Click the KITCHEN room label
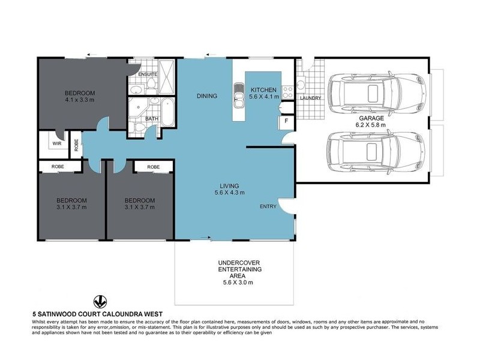point(263,89)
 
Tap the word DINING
point(207,95)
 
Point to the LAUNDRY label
point(310,98)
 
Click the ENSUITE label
point(147,74)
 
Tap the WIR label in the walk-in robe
point(57,144)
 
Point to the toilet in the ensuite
point(136,91)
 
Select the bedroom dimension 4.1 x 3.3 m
point(80,100)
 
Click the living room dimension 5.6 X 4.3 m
point(230,193)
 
